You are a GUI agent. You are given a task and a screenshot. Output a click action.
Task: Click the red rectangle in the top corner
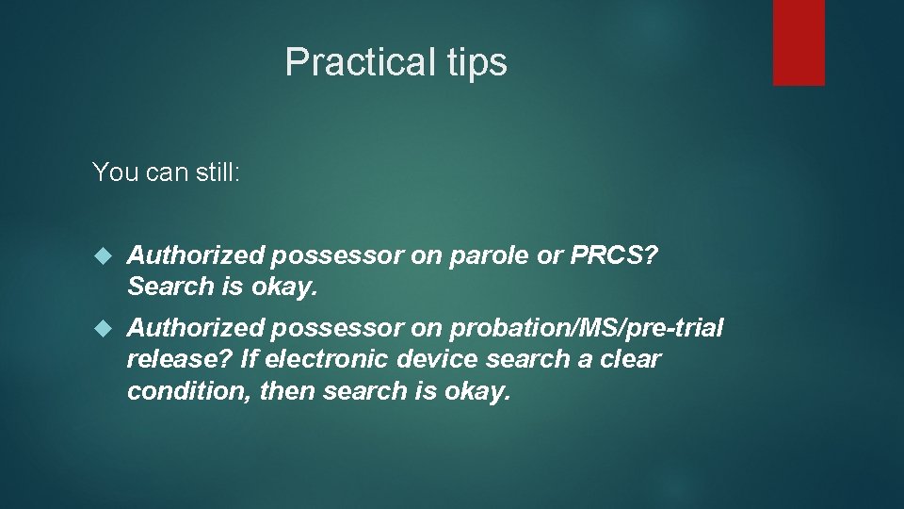click(x=799, y=42)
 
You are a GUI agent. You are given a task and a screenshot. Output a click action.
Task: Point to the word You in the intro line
click(x=113, y=172)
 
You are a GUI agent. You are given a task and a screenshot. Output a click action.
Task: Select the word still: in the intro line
click(x=214, y=172)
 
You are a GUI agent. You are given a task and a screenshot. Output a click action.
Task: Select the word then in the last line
click(x=287, y=390)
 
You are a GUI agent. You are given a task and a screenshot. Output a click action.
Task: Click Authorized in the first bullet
click(x=195, y=254)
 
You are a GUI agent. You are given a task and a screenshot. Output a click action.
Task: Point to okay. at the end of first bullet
click(x=286, y=286)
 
